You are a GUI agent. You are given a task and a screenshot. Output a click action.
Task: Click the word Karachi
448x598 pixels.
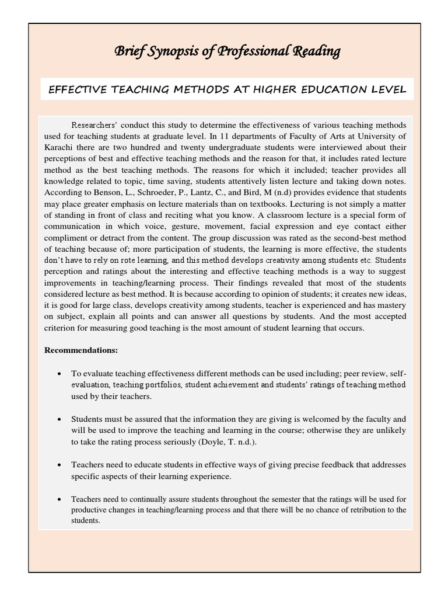[58, 147]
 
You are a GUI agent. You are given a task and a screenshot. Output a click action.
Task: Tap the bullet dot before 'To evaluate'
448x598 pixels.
[61, 374]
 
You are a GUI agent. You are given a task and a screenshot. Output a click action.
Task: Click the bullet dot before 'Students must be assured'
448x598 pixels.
[61, 419]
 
